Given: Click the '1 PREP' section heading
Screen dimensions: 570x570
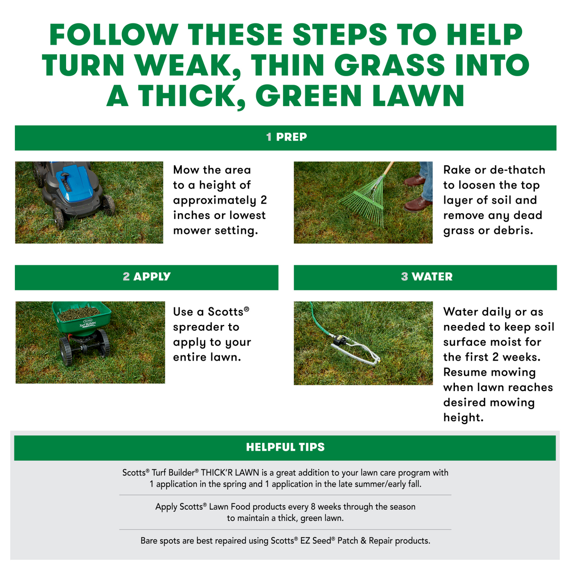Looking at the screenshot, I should tap(286, 137).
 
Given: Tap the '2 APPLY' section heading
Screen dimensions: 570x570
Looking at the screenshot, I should tap(147, 277).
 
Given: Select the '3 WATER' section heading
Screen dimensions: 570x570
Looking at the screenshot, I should tap(426, 277).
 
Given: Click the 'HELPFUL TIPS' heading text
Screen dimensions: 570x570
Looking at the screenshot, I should tap(285, 447).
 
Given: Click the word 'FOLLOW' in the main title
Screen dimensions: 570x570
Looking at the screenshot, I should tap(114, 35).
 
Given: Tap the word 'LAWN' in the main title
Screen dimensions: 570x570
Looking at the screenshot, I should tap(418, 96).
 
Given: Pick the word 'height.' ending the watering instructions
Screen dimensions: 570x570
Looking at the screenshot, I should tap(463, 418).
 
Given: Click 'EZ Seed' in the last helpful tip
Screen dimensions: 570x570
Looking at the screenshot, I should tap(316, 541).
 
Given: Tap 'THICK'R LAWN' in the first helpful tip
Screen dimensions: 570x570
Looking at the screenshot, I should tap(230, 473).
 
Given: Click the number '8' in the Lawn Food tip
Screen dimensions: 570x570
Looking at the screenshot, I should tap(313, 507).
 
